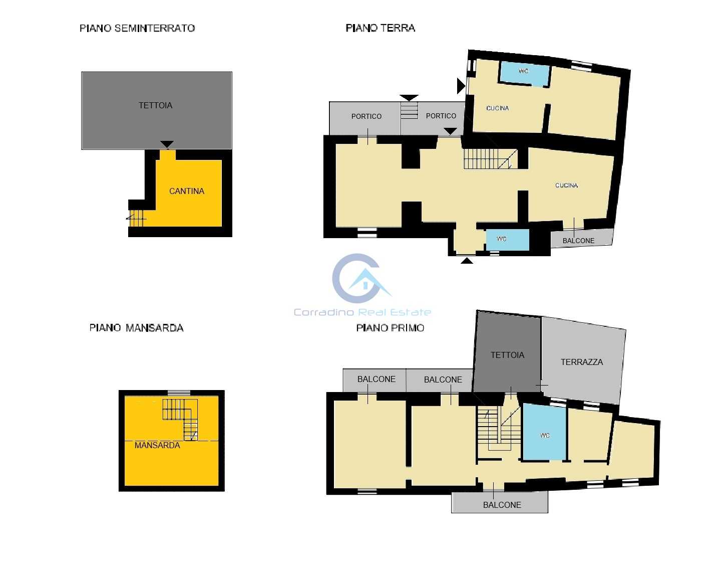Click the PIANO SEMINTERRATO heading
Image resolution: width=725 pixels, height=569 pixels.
137,28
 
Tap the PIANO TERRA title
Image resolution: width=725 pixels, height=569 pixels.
381,28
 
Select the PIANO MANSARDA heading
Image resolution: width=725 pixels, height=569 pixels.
137,328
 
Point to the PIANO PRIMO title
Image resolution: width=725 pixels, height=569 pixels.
390,328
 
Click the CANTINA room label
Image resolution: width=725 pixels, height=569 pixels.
186,191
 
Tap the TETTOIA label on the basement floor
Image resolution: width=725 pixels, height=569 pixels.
156,105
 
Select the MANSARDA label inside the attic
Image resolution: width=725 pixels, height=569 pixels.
157,445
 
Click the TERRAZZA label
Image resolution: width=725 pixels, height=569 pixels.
581,362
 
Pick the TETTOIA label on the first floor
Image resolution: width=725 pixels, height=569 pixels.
507,355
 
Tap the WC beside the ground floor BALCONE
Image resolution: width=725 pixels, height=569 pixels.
508,240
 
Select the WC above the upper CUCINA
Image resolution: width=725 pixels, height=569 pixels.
524,73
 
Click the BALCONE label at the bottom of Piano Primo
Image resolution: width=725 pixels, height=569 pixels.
502,505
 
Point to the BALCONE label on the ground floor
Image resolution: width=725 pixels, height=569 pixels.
578,241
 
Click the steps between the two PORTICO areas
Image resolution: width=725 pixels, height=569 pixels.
409,110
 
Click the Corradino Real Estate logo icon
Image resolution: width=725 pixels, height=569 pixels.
359,279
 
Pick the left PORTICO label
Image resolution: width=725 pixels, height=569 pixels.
367,116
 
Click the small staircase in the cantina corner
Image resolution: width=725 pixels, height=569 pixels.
136,219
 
